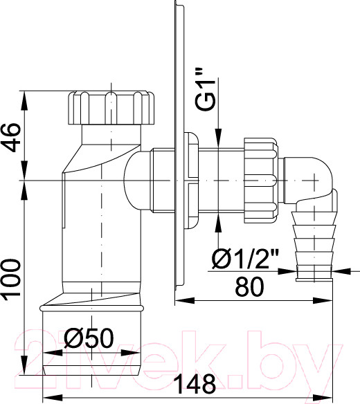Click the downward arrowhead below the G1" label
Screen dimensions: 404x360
tap(219, 141)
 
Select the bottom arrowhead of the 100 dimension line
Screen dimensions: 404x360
tap(26, 373)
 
